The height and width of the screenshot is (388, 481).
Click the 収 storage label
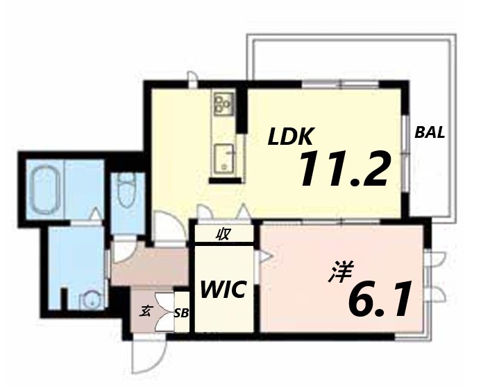click(x=223, y=234)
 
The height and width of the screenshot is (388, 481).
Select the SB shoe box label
click(x=182, y=313)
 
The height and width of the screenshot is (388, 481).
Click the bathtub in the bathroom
click(x=47, y=188)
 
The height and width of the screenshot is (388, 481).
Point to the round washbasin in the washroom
click(x=89, y=301)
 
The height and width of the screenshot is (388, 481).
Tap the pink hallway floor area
click(x=149, y=267)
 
